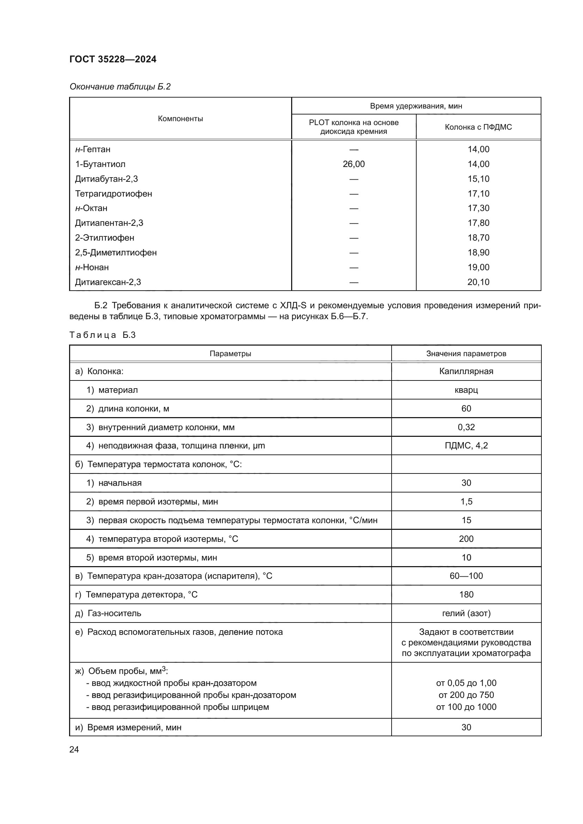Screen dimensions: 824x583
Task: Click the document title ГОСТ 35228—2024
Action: click(113, 59)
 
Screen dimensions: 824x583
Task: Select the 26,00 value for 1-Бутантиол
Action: click(354, 164)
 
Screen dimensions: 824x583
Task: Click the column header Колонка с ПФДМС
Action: click(478, 127)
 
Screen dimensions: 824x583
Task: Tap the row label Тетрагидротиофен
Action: click(113, 194)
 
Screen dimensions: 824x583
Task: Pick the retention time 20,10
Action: click(478, 282)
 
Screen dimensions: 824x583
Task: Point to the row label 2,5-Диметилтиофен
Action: click(116, 253)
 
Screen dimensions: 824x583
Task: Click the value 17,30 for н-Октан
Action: click(478, 208)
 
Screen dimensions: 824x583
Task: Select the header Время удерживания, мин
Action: click(416, 106)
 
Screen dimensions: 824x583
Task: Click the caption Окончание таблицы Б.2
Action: click(120, 87)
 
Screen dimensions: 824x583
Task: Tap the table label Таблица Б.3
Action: click(102, 335)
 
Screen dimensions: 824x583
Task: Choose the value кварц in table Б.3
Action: click(466, 390)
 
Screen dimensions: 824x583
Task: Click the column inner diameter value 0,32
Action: click(466, 427)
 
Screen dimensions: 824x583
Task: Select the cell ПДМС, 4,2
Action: click(466, 446)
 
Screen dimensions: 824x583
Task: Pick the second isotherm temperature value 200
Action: click(466, 539)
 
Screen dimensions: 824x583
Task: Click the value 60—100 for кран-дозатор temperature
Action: click(466, 576)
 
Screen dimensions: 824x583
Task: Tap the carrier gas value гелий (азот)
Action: click(466, 613)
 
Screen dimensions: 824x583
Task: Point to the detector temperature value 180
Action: click(466, 594)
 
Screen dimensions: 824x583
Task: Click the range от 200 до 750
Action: click(466, 695)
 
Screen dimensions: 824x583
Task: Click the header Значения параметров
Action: click(466, 353)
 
